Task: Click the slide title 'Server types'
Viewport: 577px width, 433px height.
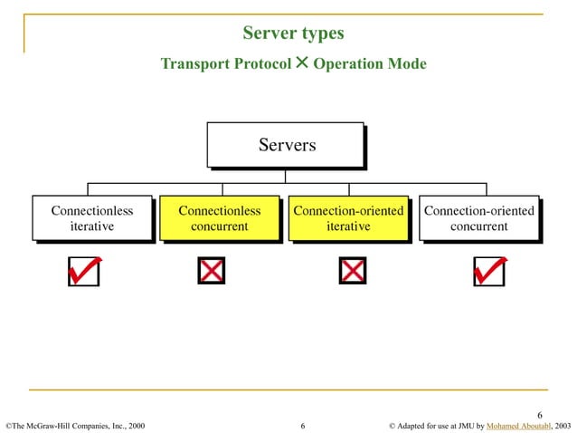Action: (x=293, y=34)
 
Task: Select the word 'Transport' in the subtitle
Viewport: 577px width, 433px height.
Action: (x=193, y=64)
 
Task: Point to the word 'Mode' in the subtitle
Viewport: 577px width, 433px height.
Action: (x=406, y=64)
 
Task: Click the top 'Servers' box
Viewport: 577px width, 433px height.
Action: (x=286, y=145)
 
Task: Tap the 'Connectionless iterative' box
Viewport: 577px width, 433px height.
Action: (x=91, y=218)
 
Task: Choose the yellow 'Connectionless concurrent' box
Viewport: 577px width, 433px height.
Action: (x=219, y=218)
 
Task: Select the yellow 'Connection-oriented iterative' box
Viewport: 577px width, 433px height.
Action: (x=348, y=218)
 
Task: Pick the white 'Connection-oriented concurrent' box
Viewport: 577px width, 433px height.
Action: (x=478, y=218)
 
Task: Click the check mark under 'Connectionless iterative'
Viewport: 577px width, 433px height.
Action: (x=84, y=270)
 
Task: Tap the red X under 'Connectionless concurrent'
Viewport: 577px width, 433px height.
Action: (x=212, y=270)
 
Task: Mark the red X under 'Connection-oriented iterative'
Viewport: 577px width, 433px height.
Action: (x=352, y=270)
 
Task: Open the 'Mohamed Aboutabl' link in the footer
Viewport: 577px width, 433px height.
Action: (x=519, y=424)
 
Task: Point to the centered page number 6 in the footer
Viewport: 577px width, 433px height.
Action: (x=303, y=424)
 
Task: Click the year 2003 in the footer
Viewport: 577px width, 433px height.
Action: (x=563, y=424)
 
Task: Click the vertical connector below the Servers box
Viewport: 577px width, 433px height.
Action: (x=286, y=175)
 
